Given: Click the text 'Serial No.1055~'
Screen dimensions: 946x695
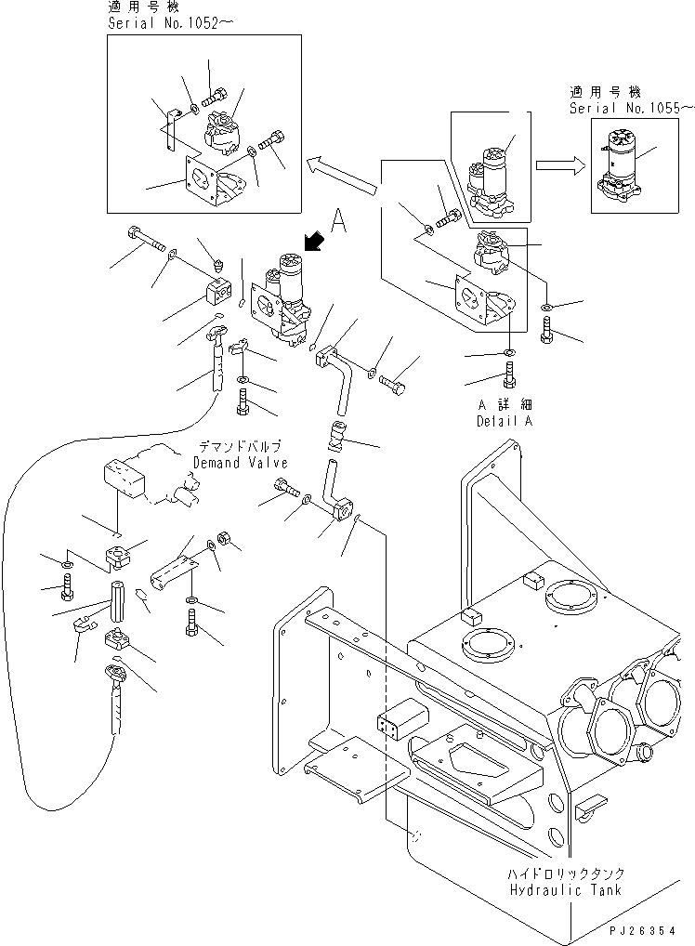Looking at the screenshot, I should (x=631, y=108).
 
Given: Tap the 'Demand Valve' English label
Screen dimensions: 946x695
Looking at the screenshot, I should (x=241, y=463).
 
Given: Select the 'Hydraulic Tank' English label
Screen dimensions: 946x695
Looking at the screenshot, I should (x=565, y=889).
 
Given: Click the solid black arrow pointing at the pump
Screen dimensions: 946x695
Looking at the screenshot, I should (x=316, y=243).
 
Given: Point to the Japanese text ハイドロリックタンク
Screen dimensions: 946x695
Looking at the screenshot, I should (x=565, y=874).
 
